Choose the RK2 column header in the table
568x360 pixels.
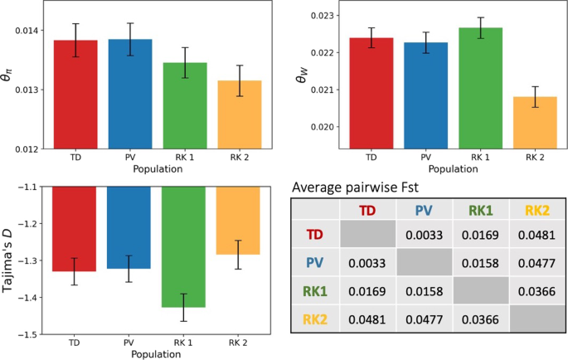[x=537, y=210]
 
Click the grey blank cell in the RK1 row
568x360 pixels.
[x=481, y=291]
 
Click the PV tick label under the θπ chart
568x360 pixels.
[x=129, y=156]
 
